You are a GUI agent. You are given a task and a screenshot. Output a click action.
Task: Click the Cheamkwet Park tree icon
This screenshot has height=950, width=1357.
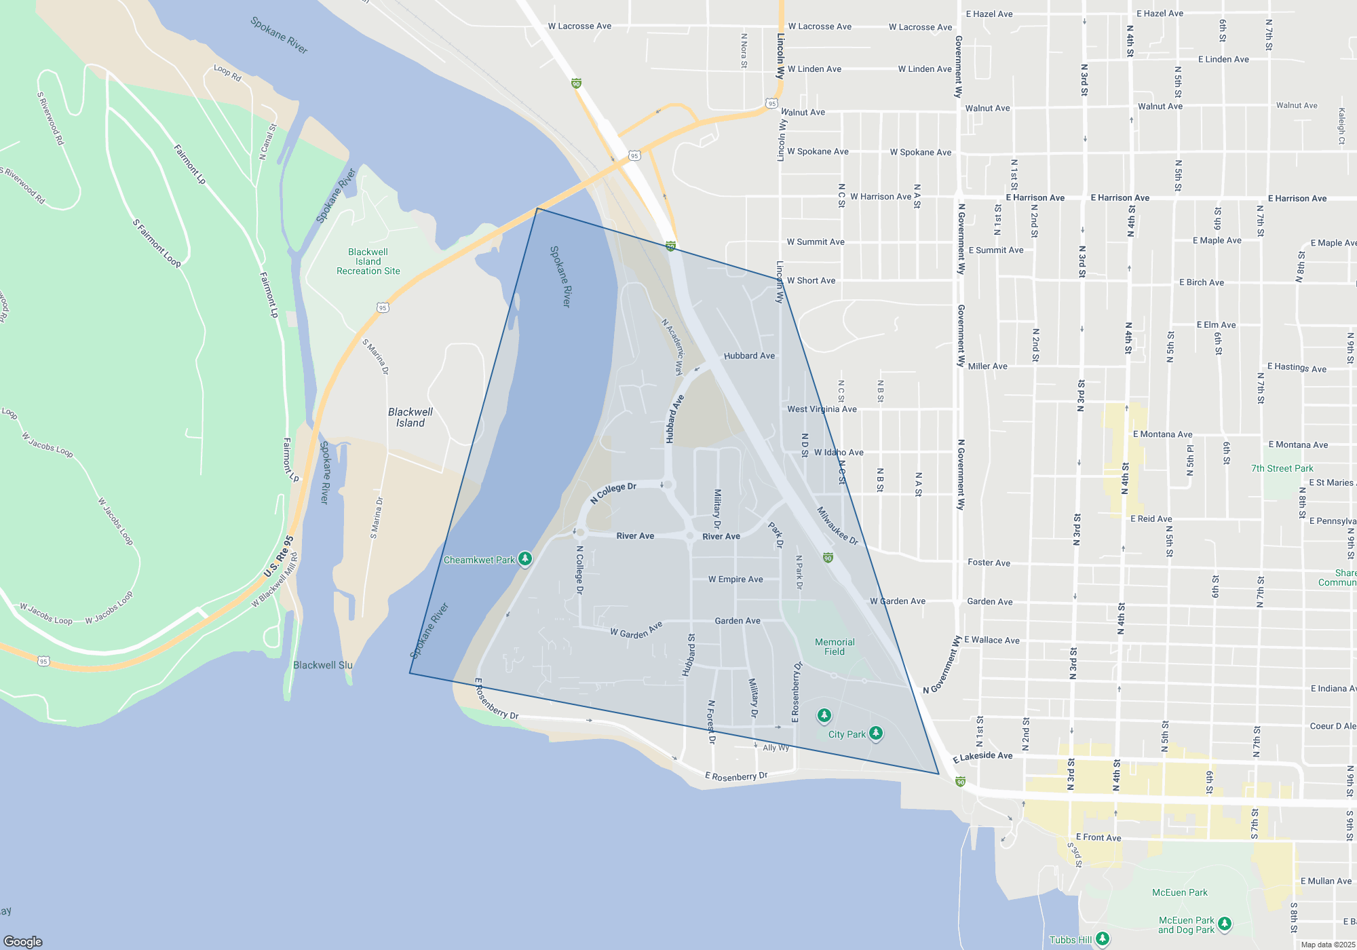click(524, 559)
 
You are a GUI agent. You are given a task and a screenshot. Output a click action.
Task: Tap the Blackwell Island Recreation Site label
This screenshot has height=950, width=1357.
click(368, 261)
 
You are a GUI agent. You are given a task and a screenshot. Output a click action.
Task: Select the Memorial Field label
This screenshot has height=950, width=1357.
click(835, 647)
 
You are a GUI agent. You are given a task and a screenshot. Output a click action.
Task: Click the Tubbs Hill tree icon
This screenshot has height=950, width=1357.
click(1103, 939)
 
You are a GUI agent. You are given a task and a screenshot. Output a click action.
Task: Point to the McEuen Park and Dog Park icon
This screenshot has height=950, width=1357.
click(1225, 924)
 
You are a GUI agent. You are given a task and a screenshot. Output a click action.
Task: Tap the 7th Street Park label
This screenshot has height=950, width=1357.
click(1282, 468)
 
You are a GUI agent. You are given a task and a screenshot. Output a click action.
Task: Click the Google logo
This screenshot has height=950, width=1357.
click(23, 941)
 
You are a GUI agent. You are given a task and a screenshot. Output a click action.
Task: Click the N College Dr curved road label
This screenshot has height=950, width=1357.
click(613, 493)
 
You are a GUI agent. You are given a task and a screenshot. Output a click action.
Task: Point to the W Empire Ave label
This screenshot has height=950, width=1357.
click(735, 579)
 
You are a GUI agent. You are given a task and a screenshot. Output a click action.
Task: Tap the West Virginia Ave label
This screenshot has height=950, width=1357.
click(822, 409)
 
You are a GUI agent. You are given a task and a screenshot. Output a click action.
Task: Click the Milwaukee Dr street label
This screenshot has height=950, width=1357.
click(837, 526)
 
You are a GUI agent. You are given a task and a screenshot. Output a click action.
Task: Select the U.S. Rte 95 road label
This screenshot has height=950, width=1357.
click(279, 557)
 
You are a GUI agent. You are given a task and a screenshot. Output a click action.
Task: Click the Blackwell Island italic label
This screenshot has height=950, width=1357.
click(410, 417)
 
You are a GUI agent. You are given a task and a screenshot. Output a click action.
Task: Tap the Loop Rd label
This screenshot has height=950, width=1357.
click(227, 73)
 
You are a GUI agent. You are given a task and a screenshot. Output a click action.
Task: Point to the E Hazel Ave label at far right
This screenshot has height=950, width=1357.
click(1160, 14)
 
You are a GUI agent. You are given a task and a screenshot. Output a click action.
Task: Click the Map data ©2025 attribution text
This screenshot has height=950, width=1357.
click(1328, 945)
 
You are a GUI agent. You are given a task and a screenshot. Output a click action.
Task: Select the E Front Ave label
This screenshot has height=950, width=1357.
click(1098, 837)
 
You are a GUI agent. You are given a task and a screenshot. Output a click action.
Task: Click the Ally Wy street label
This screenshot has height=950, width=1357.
click(776, 748)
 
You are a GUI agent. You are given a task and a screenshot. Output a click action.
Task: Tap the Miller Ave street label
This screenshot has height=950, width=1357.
click(987, 366)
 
